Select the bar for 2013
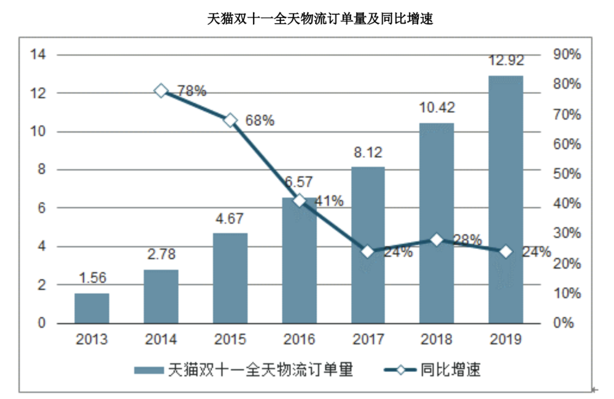click(x=91, y=308)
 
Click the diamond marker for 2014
click(x=161, y=91)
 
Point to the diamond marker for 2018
click(x=436, y=240)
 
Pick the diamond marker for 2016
click(x=299, y=201)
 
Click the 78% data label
click(x=192, y=91)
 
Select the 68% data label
click(x=260, y=121)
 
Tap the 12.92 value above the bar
click(x=506, y=61)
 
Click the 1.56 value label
click(x=92, y=278)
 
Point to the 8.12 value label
click(x=368, y=152)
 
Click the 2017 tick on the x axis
click(x=368, y=339)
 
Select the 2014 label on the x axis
click(x=161, y=339)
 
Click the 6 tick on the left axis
click(x=42, y=208)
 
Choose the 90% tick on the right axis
click(x=567, y=55)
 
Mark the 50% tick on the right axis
click(x=567, y=174)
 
